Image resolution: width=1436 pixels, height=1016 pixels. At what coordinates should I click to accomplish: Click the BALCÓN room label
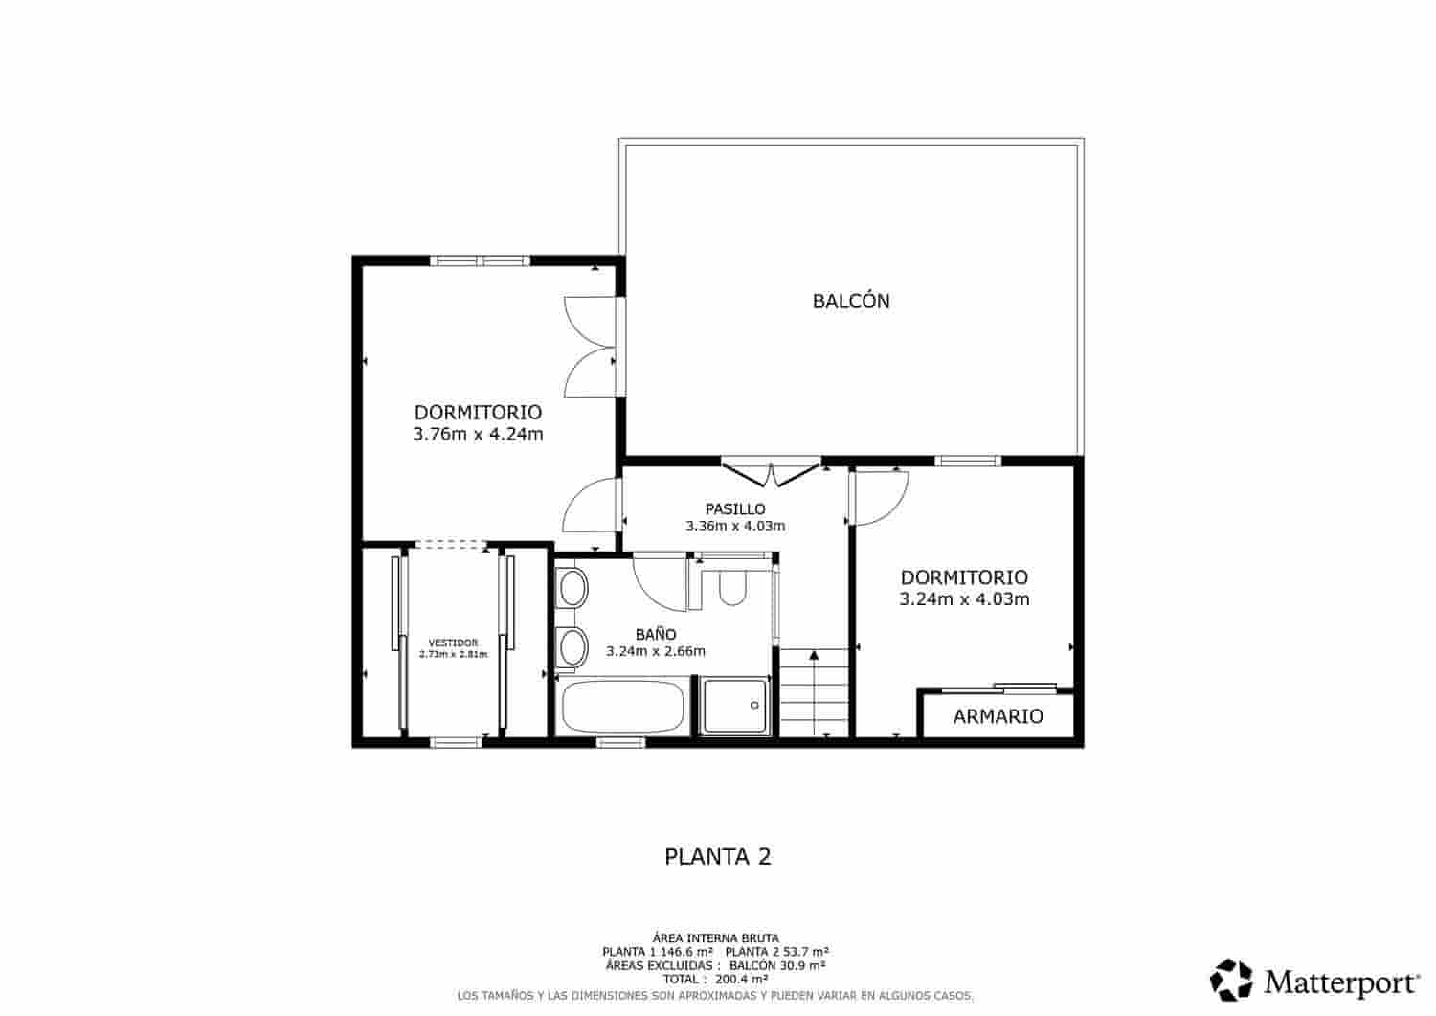(x=851, y=301)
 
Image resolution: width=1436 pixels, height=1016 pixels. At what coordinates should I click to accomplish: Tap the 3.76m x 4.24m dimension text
(x=478, y=434)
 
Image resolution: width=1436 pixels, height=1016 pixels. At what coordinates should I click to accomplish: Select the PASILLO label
(x=735, y=508)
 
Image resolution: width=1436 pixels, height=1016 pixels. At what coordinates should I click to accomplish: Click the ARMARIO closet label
(x=998, y=716)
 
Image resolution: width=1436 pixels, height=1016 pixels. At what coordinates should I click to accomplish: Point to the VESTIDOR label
(x=453, y=643)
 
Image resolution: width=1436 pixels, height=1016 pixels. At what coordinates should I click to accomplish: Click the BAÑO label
(x=656, y=634)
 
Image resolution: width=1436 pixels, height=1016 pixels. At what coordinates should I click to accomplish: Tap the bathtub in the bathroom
(x=622, y=707)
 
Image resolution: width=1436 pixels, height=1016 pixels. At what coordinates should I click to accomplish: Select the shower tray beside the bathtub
(x=735, y=707)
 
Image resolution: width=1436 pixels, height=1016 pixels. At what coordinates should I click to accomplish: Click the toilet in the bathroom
(x=732, y=587)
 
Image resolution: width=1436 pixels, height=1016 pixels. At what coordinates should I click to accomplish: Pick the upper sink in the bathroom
(x=572, y=588)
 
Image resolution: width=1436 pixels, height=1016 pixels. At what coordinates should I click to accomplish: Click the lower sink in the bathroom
(x=572, y=648)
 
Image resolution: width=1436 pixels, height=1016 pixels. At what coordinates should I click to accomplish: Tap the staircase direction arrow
(x=814, y=657)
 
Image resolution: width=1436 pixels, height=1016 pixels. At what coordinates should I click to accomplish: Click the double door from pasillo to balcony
(x=772, y=472)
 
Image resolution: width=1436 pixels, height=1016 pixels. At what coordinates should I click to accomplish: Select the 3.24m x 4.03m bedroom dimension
(x=964, y=599)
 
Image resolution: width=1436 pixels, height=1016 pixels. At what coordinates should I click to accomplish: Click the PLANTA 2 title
(x=717, y=856)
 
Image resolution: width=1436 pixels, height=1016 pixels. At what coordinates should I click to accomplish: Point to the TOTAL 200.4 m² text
(x=715, y=980)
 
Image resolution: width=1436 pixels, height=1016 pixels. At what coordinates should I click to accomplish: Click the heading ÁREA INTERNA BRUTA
(x=715, y=937)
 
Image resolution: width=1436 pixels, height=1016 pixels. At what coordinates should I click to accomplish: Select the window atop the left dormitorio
(x=480, y=260)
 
